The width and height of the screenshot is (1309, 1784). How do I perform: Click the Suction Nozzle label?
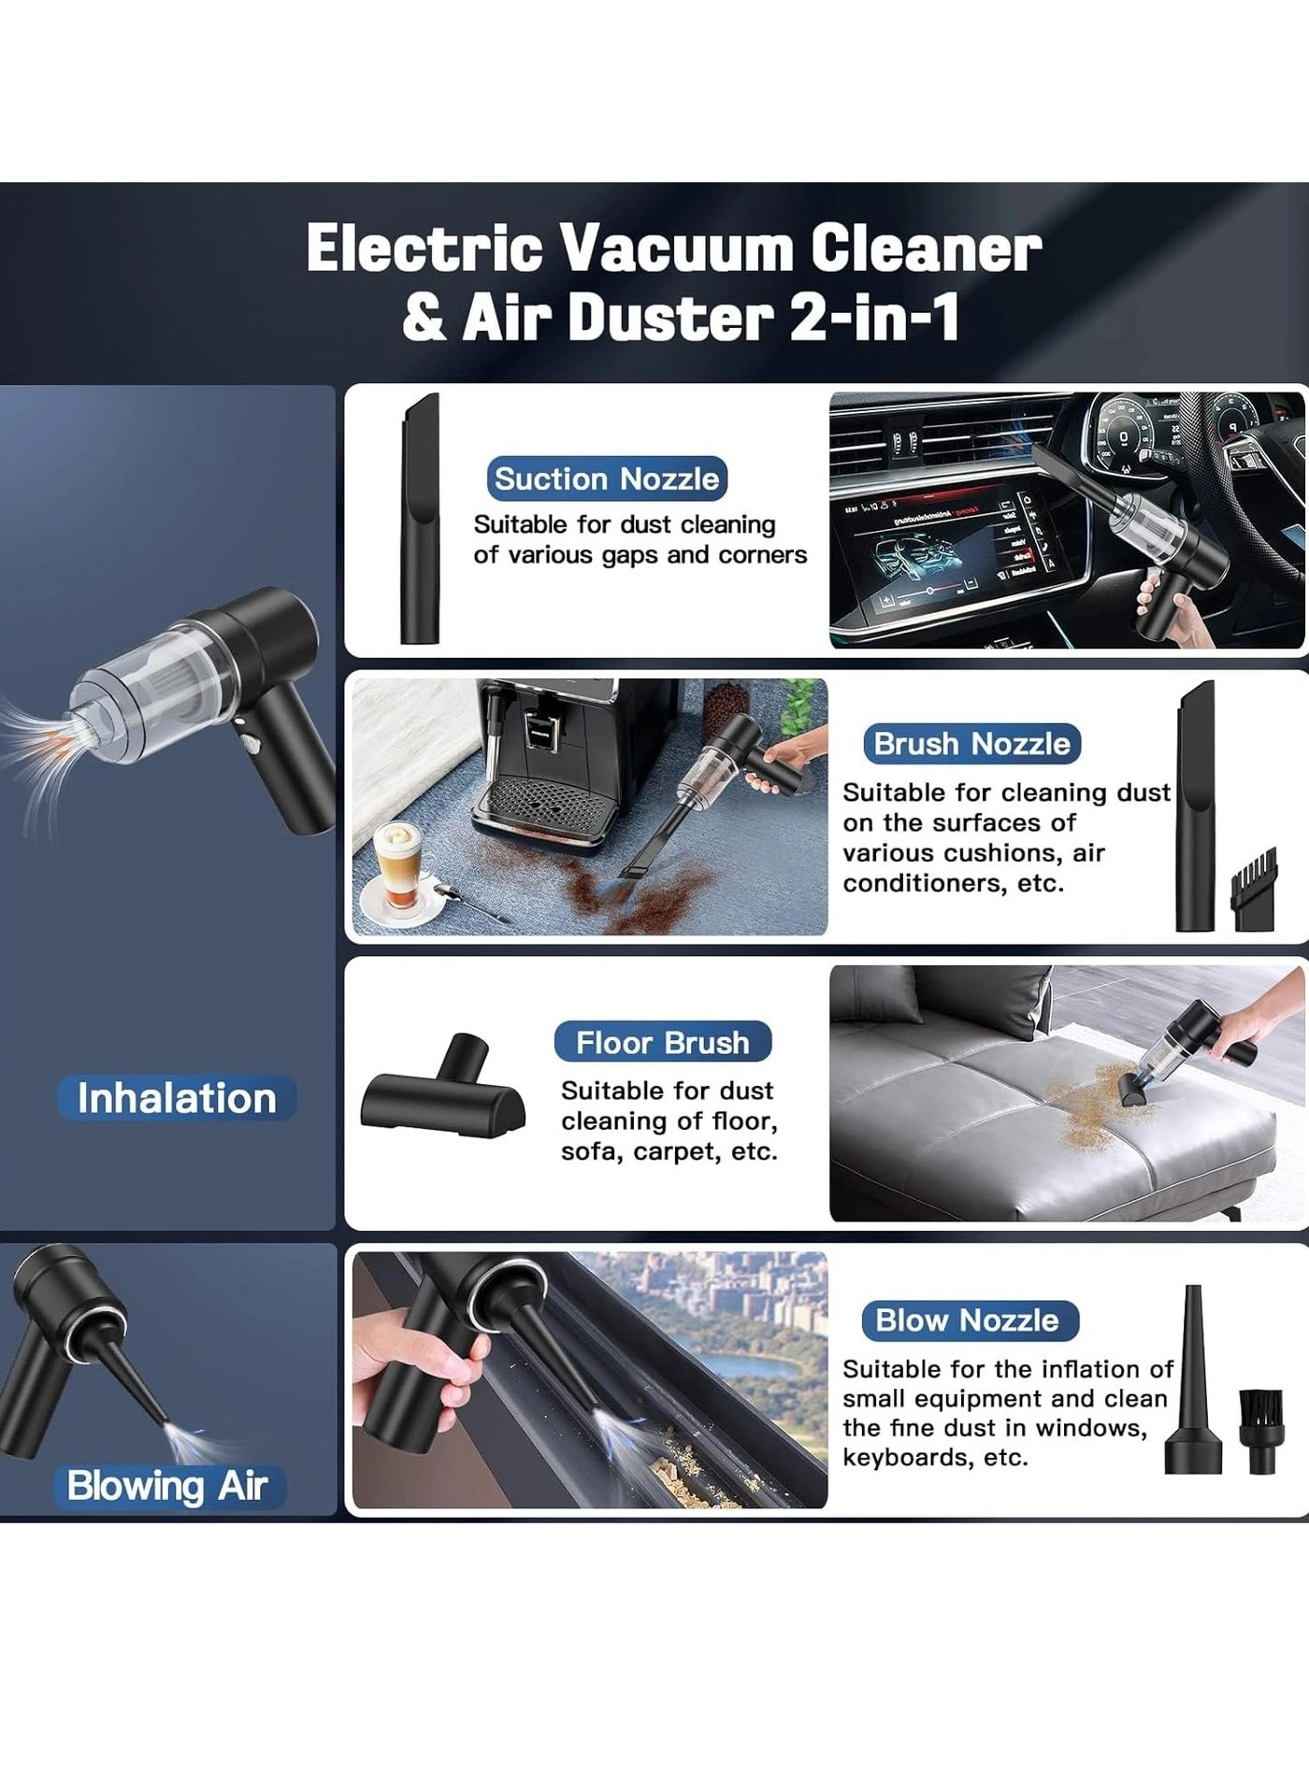pos(607,478)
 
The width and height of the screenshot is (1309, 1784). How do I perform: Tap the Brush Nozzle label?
pos(971,744)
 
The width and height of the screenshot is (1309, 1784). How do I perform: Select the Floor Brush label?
pos(662,1042)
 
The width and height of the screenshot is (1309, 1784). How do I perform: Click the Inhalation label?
pos(177,1098)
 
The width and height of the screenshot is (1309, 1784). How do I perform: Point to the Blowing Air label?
pos(167,1486)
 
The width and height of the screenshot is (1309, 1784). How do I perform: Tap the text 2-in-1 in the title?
pos(875,318)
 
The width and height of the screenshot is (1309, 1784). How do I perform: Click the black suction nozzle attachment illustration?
pos(420,520)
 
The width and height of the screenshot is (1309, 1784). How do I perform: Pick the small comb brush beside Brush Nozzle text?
pos(1253,889)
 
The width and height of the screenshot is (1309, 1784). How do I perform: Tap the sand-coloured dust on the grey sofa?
pos(1085,1099)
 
